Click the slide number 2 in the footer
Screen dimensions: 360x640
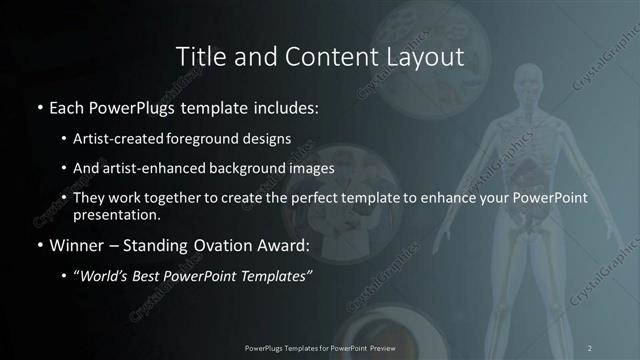pyautogui.click(x=590, y=347)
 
